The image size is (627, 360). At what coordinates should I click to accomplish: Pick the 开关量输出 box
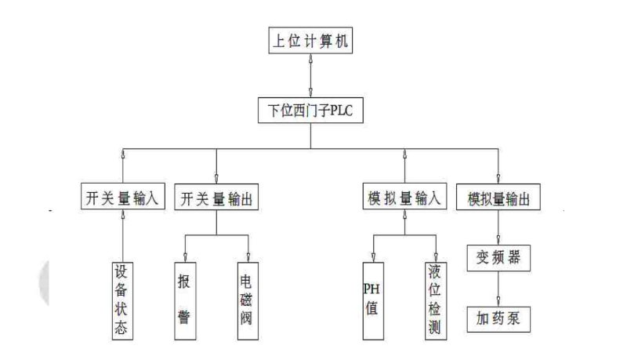coord(216,197)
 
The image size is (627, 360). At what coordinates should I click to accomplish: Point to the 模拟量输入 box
coord(404,197)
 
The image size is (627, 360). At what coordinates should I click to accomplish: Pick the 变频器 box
coord(498,256)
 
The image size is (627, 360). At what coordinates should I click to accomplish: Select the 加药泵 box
coord(498,319)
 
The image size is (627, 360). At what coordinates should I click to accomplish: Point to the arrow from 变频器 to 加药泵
coord(498,288)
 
